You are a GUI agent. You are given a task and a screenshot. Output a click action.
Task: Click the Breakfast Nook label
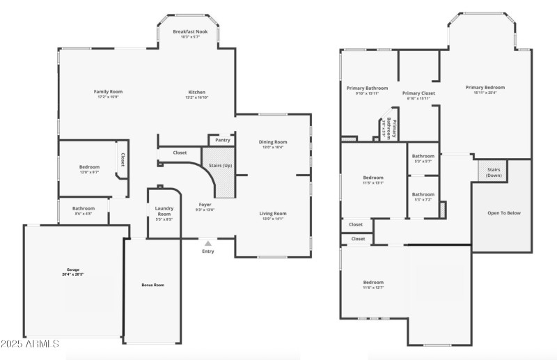coord(191,32)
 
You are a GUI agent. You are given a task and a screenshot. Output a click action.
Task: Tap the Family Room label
coord(108,92)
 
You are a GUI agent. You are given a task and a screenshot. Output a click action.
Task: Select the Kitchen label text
coord(196,93)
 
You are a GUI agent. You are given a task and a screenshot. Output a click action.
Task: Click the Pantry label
coord(223,140)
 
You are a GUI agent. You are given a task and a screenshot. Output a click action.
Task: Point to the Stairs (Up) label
coord(221,165)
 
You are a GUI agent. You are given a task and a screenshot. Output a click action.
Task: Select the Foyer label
coord(205,205)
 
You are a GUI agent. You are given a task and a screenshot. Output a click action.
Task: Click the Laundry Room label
coord(164,210)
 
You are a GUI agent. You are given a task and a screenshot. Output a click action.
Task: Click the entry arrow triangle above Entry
coord(207,243)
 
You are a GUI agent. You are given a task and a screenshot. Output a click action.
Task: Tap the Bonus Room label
coord(152,285)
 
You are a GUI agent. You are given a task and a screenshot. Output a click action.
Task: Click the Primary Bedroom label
coord(485,87)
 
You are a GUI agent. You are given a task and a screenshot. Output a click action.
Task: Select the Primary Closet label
coord(418,93)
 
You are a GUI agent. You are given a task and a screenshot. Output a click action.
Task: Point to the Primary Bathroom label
coord(367,88)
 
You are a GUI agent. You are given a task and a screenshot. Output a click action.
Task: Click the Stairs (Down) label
coord(494,172)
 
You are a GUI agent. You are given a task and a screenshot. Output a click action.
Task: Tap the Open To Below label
coord(504,213)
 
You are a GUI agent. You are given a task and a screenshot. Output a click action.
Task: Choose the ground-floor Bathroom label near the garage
coord(84,208)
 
